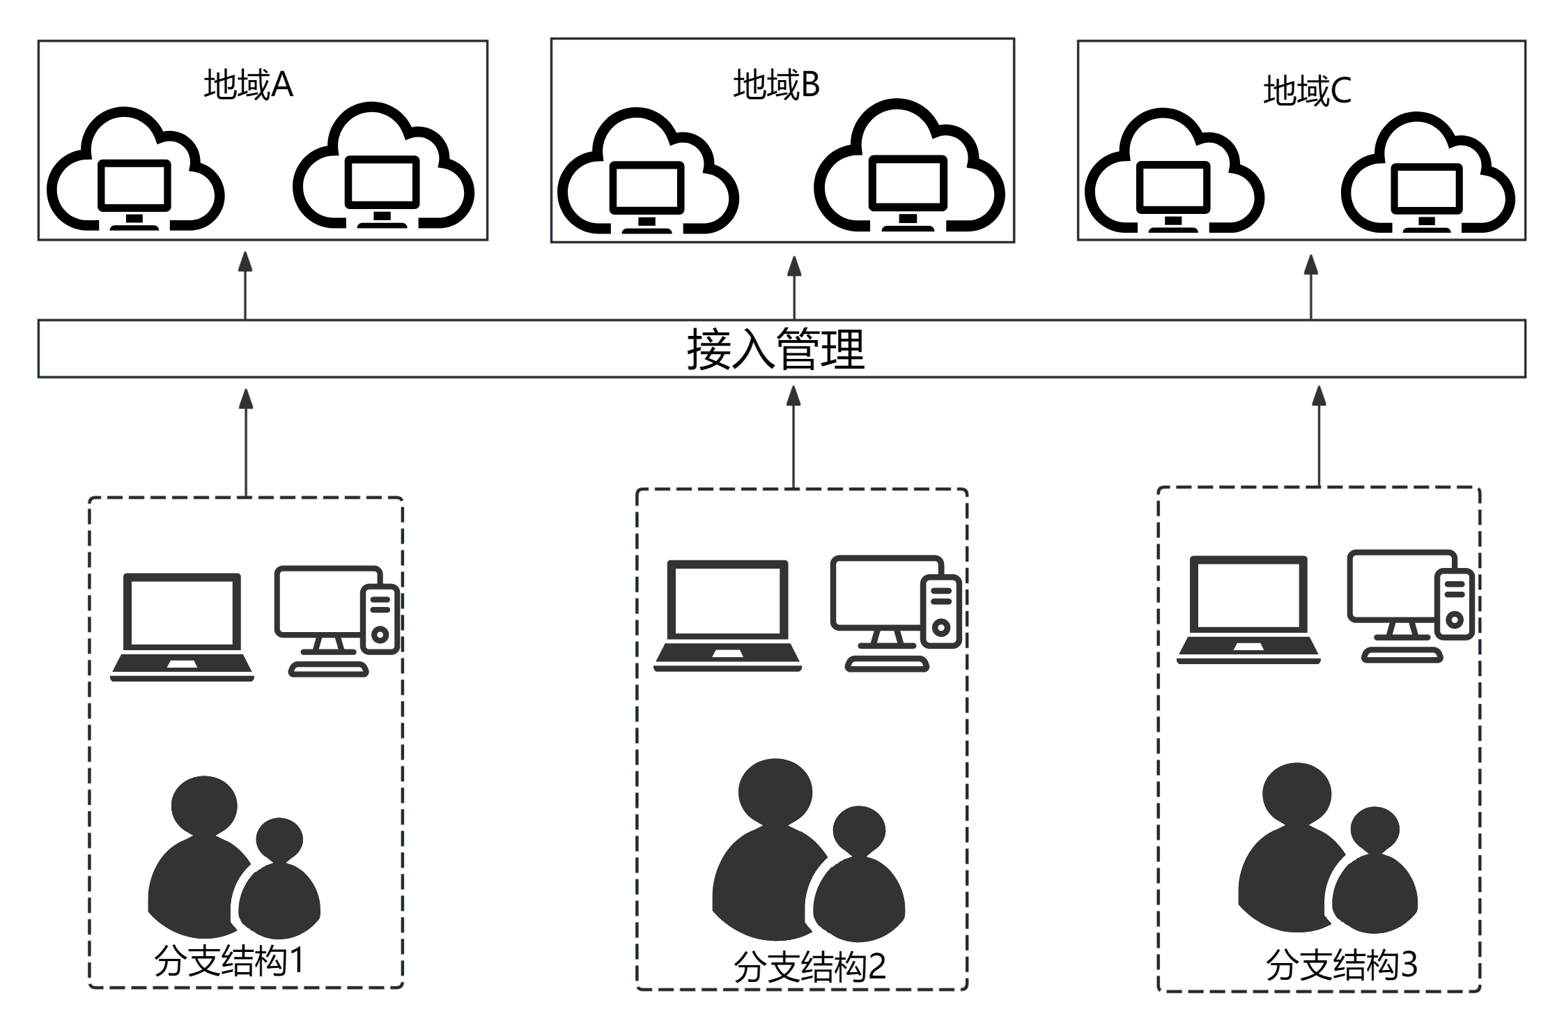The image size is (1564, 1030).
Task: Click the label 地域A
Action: tap(248, 85)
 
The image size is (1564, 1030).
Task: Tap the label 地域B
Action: tap(776, 84)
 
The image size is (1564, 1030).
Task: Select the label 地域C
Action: tap(1307, 91)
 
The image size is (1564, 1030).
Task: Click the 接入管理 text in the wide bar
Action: tap(775, 349)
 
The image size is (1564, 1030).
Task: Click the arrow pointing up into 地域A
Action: tap(245, 285)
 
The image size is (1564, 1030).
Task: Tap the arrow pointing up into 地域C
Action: tap(1311, 286)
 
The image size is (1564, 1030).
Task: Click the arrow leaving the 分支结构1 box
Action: tap(245, 442)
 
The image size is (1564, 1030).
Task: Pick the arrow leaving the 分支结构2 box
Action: tap(793, 436)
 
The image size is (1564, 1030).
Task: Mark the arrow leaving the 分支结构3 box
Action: tap(1319, 435)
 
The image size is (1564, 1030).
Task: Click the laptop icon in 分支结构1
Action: tap(183, 627)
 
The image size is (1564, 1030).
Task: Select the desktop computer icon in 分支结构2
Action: tap(895, 611)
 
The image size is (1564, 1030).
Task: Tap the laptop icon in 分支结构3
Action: tap(1248, 609)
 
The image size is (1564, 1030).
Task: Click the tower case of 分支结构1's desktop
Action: tap(380, 620)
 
